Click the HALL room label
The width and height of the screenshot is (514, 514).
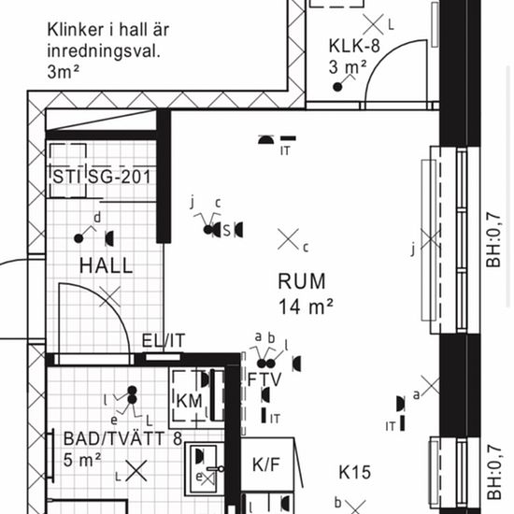[107, 265]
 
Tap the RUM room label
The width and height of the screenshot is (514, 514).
[302, 281]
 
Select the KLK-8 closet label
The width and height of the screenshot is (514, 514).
[354, 46]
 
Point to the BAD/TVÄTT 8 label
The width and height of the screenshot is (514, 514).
[122, 438]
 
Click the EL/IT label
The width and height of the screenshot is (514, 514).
[164, 340]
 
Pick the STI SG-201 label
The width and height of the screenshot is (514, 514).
[102, 177]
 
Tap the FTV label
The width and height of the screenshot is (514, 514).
[264, 379]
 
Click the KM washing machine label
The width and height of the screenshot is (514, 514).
[189, 401]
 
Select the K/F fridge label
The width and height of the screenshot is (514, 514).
[266, 464]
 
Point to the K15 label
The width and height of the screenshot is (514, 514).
[355, 472]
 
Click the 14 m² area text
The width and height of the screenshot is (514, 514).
[306, 307]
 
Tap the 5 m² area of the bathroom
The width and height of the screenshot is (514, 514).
[82, 460]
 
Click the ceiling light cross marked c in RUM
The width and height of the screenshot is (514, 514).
[288, 239]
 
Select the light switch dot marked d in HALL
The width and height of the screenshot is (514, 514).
[79, 238]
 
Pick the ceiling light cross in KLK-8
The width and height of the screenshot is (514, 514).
[374, 24]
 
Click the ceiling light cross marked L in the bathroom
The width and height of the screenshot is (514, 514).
[136, 471]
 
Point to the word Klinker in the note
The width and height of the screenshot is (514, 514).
[76, 30]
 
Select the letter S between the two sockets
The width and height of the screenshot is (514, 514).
[226, 230]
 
